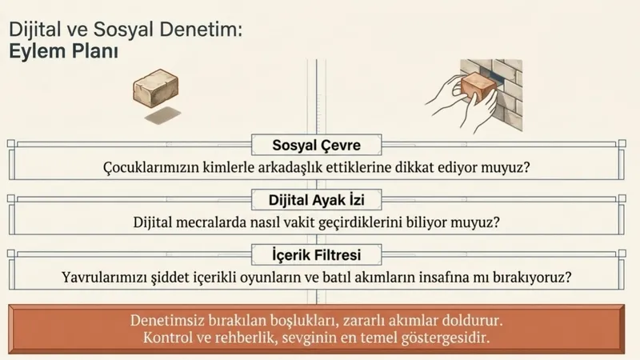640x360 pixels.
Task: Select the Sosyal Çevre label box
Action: tap(318, 146)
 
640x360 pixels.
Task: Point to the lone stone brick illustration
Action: tap(155, 86)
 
